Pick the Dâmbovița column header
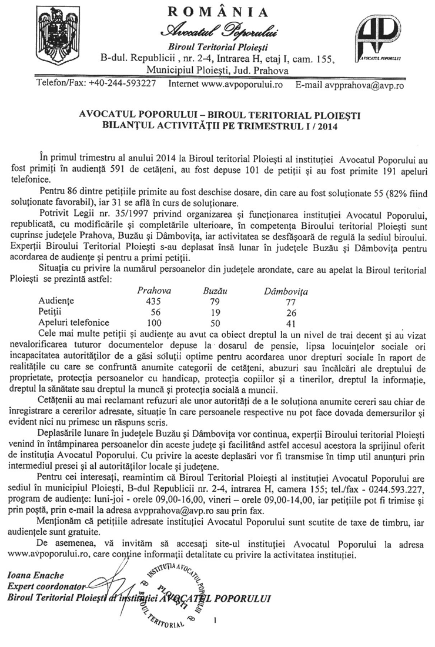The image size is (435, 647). point(286,291)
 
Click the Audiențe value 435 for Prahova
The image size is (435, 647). point(153,301)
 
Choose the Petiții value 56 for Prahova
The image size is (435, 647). point(154,312)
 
